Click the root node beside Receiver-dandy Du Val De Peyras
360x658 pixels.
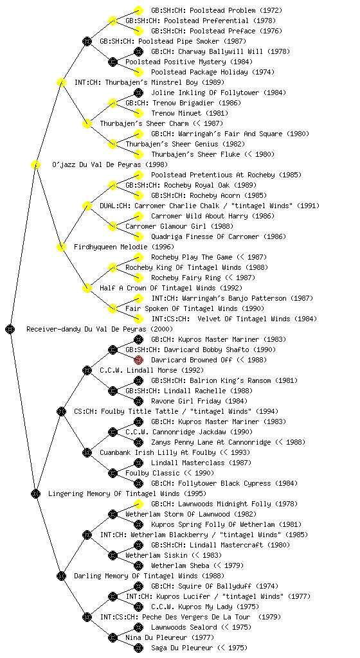pyautogui.click(x=10, y=329)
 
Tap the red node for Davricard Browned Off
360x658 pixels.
pyautogui.click(x=138, y=360)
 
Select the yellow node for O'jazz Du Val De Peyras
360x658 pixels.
pyautogui.click(x=35, y=164)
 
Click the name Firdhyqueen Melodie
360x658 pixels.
pyautogui.click(x=111, y=247)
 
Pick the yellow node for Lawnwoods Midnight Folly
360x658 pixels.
pyautogui.click(x=138, y=504)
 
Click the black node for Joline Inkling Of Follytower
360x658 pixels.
pyautogui.click(x=138, y=93)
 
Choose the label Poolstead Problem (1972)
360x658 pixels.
pyautogui.click(x=217, y=10)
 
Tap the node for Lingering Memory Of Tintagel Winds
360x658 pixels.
pyautogui.click(x=35, y=493)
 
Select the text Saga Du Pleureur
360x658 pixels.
pyautogui.click(x=182, y=648)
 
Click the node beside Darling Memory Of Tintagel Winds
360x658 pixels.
pyautogui.click(x=61, y=576)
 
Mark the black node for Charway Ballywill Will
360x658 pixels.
pyautogui.click(x=138, y=51)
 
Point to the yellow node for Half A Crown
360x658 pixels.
pyautogui.click(x=87, y=288)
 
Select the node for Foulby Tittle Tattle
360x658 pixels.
pyautogui.click(x=61, y=411)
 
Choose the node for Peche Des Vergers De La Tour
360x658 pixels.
pyautogui.click(x=87, y=617)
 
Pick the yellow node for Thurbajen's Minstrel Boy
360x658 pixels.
pyautogui.click(x=61, y=82)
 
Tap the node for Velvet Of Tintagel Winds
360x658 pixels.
pyautogui.click(x=138, y=319)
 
